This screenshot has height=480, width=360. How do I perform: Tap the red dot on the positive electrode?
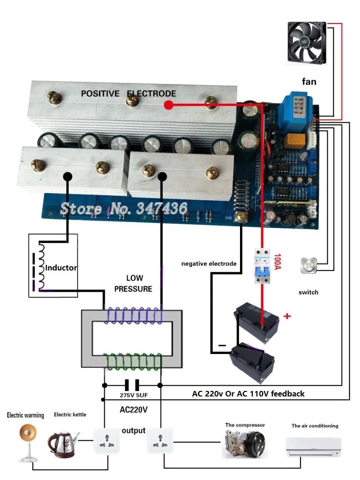click(x=168, y=105)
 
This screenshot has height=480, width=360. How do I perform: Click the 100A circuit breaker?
click(x=262, y=266)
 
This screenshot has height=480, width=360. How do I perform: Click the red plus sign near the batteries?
click(x=287, y=316)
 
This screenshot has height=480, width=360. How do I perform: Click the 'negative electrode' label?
click(x=209, y=264)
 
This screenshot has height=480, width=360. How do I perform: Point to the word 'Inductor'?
click(x=61, y=268)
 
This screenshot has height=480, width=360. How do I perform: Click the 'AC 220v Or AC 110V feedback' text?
click(x=248, y=394)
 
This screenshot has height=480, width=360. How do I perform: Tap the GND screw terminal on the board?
click(x=240, y=216)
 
